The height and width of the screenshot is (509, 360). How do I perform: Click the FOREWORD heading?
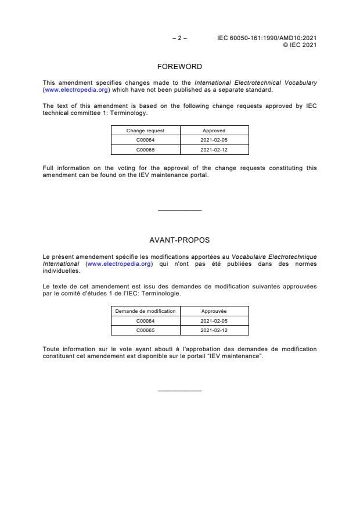pyautogui.click(x=179, y=67)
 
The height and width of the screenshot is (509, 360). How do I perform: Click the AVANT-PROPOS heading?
pyautogui.click(x=179, y=239)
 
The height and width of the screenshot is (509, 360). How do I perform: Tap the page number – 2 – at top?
pyautogui.click(x=179, y=38)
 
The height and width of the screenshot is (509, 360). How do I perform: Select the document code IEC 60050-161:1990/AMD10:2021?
pyautogui.click(x=267, y=38)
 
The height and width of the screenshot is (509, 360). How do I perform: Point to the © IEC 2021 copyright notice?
pyautogui.click(x=299, y=45)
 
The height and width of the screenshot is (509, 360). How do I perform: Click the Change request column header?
pyautogui.click(x=145, y=131)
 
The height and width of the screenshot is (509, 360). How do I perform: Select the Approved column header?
pyautogui.click(x=214, y=131)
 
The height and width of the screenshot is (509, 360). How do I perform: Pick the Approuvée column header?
pyautogui.click(x=214, y=311)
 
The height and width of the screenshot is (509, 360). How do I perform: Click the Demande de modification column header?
pyautogui.click(x=145, y=311)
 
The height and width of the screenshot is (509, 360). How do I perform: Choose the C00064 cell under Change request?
pyautogui.click(x=145, y=140)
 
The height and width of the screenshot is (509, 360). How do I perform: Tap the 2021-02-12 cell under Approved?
pyautogui.click(x=214, y=149)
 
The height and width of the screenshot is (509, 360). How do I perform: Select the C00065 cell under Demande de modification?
pyautogui.click(x=145, y=330)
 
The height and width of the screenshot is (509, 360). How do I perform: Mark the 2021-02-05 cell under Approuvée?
pyautogui.click(x=214, y=320)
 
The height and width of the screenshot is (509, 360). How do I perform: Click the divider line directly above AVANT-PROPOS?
pyautogui.click(x=179, y=210)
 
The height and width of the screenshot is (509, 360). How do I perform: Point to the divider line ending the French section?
pyautogui.click(x=179, y=391)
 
